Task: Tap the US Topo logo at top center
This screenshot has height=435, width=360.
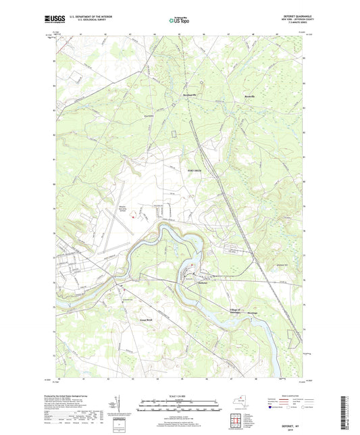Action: click(179, 21)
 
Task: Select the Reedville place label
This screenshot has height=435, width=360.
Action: click(251, 97)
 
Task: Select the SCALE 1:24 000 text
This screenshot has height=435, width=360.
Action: click(180, 396)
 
